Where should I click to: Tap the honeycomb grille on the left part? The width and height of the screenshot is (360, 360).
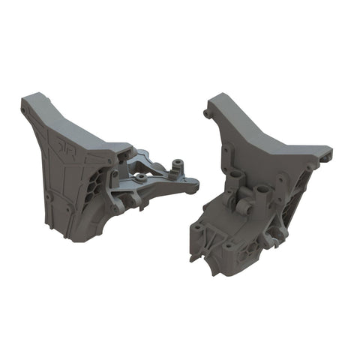point(97,181)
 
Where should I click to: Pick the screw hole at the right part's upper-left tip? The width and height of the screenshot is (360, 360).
point(207,114)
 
